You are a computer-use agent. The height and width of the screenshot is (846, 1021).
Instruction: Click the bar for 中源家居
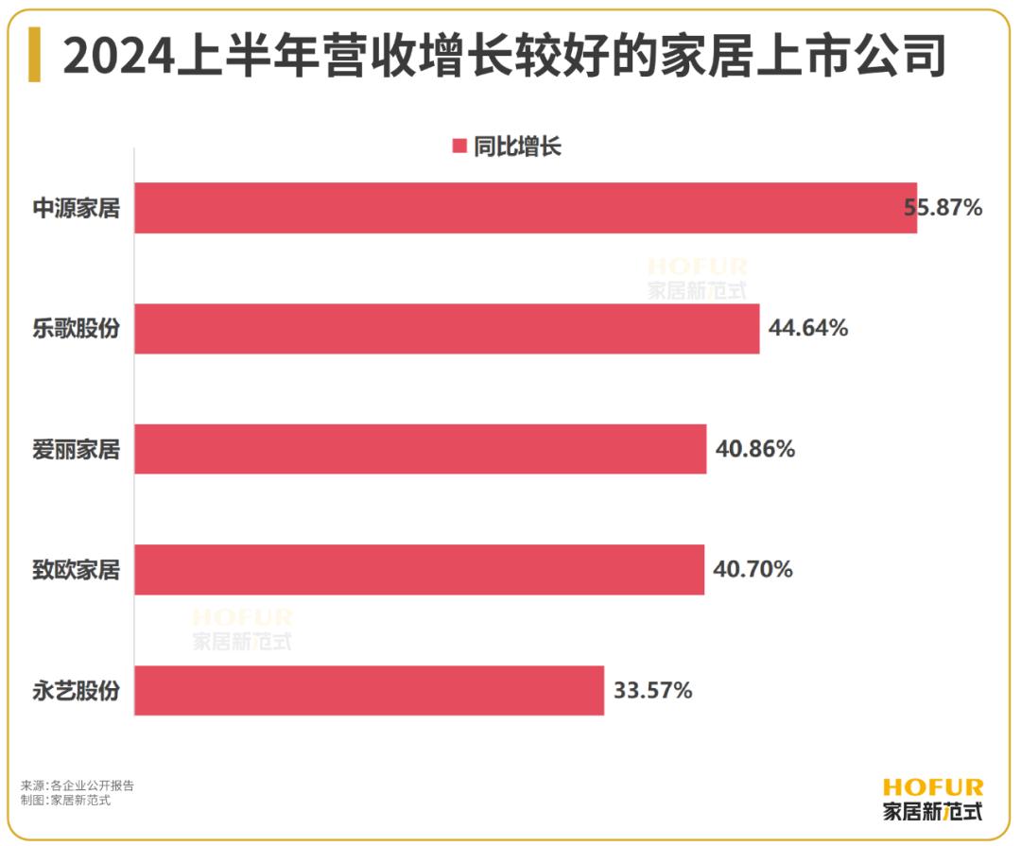coord(525,208)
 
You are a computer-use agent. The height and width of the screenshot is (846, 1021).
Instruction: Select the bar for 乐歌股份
coord(446,329)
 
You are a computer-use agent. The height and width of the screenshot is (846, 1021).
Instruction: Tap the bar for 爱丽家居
coord(420,449)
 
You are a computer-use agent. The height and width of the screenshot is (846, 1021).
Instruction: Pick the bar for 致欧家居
coord(419,570)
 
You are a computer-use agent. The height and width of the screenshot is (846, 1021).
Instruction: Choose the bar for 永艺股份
coord(369,691)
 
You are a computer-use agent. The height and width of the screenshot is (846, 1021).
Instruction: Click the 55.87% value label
coord(943,208)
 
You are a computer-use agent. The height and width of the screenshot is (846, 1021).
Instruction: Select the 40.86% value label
coord(755,449)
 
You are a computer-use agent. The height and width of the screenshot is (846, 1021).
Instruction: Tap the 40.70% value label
coord(753,570)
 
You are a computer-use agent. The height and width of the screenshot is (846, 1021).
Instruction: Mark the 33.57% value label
coord(653,691)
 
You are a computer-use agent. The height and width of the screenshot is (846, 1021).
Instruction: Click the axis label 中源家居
coord(77,208)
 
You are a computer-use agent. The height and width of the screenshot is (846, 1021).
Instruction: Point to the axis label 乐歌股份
coord(77,329)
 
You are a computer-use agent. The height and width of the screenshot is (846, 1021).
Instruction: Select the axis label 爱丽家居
coord(77,449)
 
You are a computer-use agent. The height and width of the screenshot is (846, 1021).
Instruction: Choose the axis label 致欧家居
coord(77,570)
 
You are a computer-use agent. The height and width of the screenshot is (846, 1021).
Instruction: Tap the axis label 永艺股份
coord(77,691)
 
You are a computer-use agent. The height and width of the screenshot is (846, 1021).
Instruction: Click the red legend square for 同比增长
coord(459,147)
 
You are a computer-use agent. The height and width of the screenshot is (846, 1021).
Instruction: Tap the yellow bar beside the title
coord(35,55)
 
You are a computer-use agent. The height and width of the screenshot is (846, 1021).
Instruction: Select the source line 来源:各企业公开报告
coord(78,786)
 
